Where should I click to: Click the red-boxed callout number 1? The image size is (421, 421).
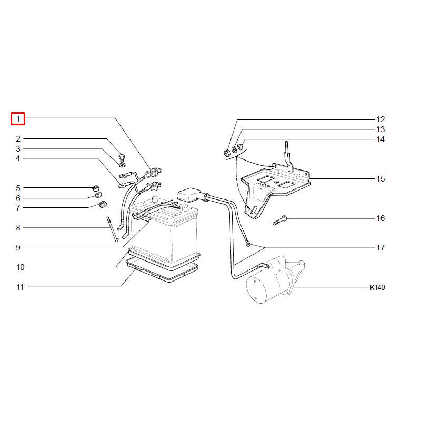[18, 119]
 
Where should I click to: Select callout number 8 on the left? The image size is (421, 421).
[18, 228]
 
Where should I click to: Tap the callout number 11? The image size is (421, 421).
[20, 287]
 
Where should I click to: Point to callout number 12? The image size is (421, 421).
[380, 119]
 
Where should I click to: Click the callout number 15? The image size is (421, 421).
[380, 179]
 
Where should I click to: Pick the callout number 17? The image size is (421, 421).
[380, 247]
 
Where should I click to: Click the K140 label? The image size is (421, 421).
[377, 287]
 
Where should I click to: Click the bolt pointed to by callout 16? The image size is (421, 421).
[280, 220]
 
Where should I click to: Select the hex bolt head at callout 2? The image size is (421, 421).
[122, 157]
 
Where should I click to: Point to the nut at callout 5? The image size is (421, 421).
[96, 188]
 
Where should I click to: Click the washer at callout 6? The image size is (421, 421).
[98, 195]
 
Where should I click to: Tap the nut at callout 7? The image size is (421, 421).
[103, 204]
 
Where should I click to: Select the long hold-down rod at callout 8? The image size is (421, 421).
[112, 229]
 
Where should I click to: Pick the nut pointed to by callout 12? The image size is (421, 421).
[227, 153]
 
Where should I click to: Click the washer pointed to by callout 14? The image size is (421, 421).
[240, 147]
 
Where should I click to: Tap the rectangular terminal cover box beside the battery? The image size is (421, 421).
[189, 194]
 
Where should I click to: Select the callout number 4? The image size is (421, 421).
[18, 158]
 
